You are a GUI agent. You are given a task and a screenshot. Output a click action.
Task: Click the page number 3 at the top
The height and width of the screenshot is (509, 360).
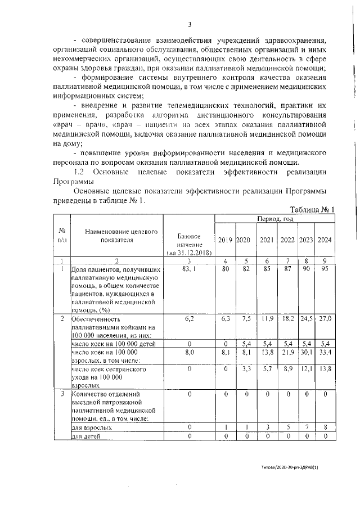(x=190, y=24)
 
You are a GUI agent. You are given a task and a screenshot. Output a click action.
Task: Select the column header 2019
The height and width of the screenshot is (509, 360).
(x=225, y=240)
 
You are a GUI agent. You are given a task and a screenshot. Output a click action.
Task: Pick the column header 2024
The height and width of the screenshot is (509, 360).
(x=325, y=240)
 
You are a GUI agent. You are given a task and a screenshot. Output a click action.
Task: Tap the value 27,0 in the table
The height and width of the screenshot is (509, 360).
(x=325, y=318)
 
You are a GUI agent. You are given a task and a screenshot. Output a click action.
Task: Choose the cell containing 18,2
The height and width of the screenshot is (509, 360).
(x=287, y=318)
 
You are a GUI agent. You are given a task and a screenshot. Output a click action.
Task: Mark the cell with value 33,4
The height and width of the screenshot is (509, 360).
(x=325, y=352)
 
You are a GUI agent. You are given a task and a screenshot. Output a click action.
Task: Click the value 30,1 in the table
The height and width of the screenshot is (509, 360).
(x=306, y=352)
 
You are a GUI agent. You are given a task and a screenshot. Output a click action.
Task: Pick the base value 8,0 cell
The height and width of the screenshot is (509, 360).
(x=188, y=352)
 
